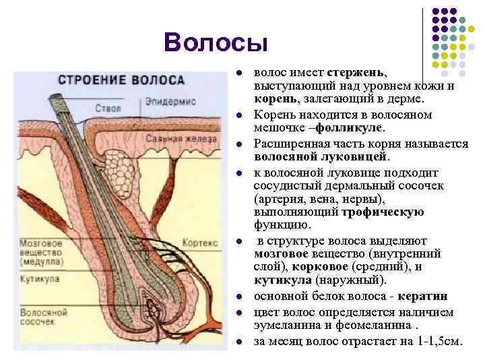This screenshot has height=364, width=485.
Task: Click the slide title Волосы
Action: click(x=216, y=42)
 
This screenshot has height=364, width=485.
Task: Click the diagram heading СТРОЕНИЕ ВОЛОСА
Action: click(x=121, y=80)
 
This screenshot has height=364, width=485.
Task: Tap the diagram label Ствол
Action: click(x=108, y=109)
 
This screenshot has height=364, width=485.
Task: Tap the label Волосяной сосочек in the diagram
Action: click(x=44, y=317)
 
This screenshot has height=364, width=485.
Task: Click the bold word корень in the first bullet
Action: click(x=273, y=99)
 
